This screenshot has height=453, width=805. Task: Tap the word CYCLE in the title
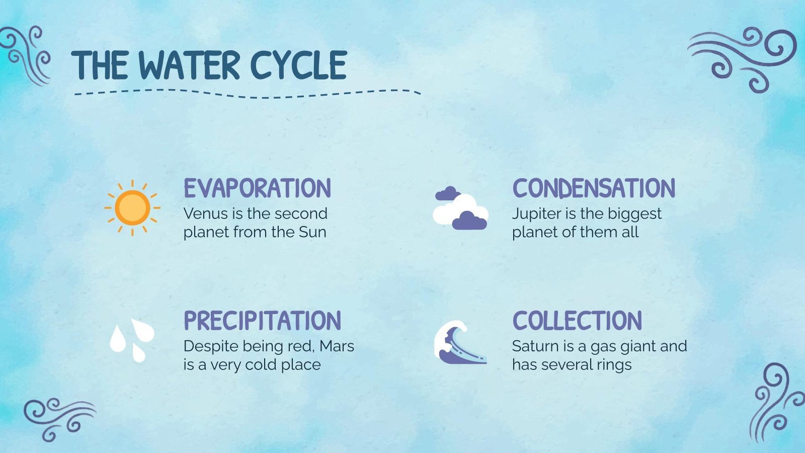tap(298, 65)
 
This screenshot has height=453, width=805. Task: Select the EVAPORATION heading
tap(257, 188)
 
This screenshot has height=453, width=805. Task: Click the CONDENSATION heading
tap(594, 188)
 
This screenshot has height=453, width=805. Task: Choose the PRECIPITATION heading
tap(262, 321)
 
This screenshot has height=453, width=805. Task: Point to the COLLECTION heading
tap(577, 321)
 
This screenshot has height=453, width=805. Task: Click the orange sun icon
tap(132, 207)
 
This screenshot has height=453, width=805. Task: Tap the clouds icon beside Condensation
tap(460, 208)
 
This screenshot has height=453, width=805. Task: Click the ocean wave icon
tap(459, 342)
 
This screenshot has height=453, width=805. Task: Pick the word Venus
tap(202, 213)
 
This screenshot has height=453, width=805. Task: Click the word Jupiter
tap(536, 214)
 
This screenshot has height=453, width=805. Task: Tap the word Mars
tap(337, 346)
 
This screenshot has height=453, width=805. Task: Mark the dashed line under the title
tap(247, 94)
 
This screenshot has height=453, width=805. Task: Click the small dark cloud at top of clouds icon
tap(447, 193)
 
